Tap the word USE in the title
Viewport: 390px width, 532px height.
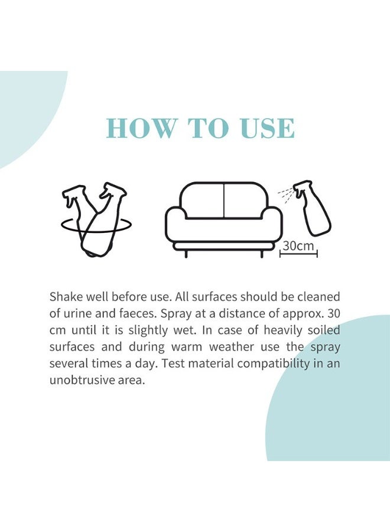coord(265,128)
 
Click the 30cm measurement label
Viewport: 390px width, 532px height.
coord(298,246)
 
